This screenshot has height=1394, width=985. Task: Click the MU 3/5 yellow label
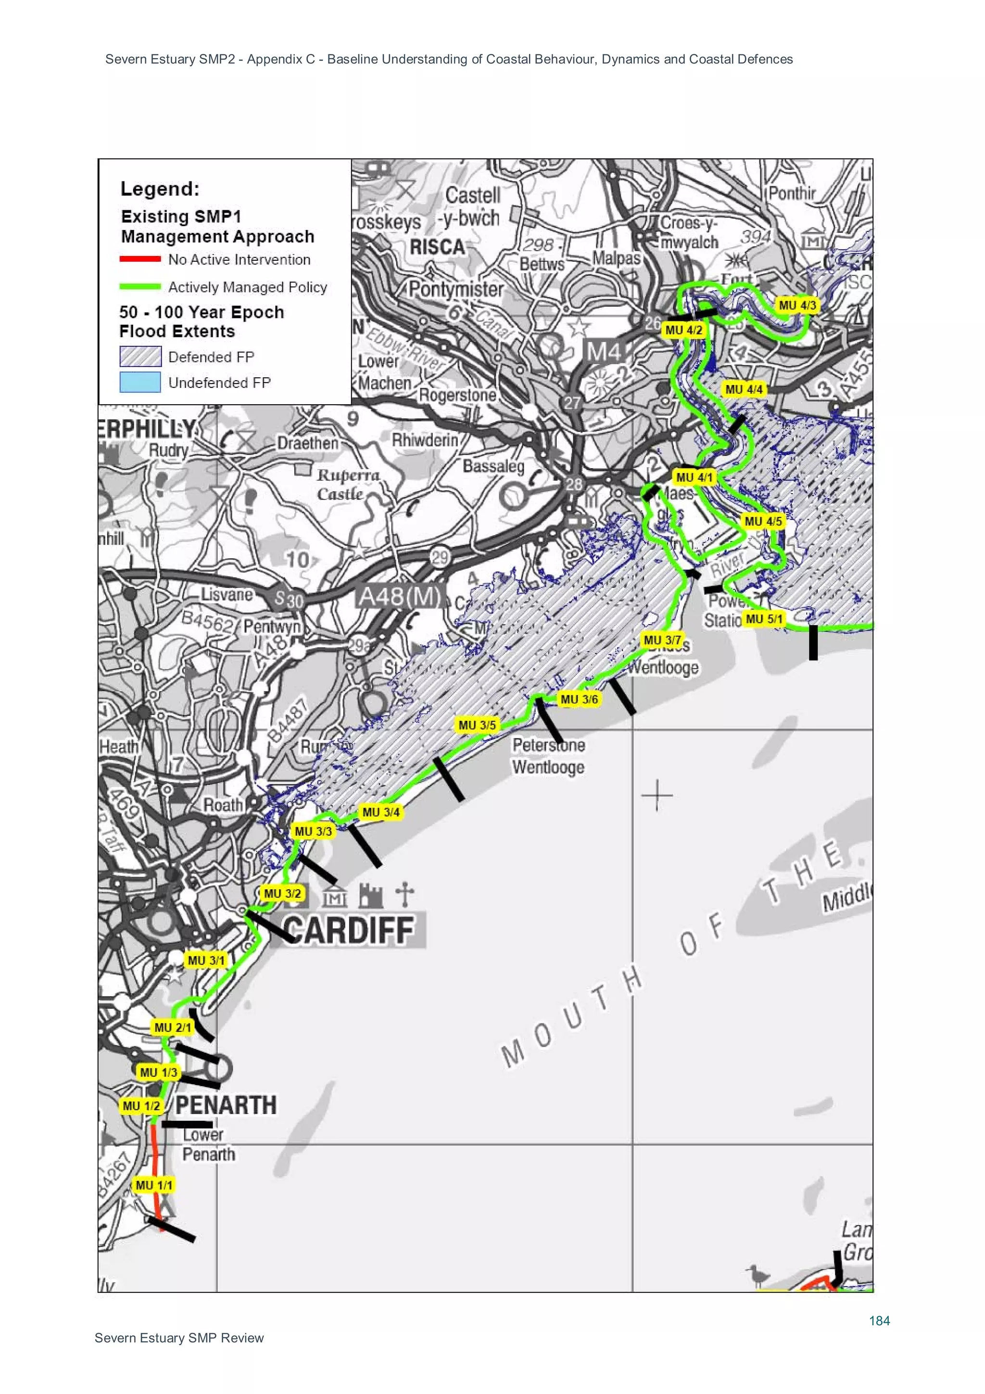click(x=477, y=725)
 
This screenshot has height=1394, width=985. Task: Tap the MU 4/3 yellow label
click(x=797, y=306)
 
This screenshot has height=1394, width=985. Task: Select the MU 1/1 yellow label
click(x=153, y=1185)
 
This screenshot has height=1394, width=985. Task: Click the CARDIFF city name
click(x=349, y=930)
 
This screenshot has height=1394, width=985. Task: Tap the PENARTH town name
click(x=226, y=1104)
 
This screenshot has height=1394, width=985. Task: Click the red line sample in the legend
click(x=140, y=259)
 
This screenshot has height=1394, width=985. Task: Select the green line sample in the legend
click(x=140, y=287)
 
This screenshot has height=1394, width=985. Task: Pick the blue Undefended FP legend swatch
click(x=140, y=383)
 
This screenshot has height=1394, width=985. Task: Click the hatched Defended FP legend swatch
click(x=140, y=357)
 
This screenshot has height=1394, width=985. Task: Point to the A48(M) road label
click(x=399, y=596)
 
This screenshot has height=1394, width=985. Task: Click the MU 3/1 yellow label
click(x=206, y=960)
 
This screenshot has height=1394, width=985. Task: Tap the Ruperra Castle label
click(x=348, y=484)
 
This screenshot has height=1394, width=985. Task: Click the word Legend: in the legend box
click(x=160, y=189)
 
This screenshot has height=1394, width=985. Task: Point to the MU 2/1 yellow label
click(x=172, y=1027)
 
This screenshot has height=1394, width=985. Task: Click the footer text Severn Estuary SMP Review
click(x=179, y=1338)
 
